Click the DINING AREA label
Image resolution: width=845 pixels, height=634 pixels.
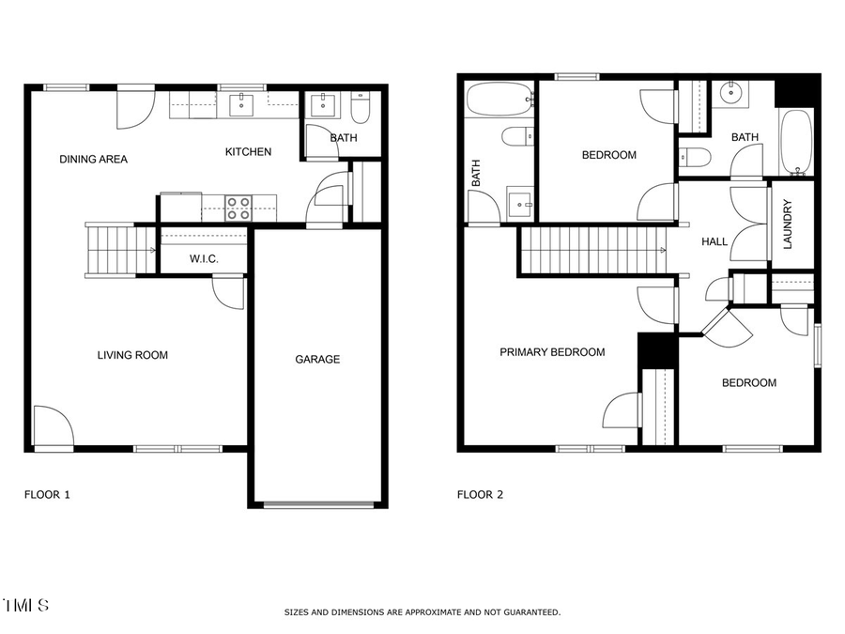(x=93, y=159)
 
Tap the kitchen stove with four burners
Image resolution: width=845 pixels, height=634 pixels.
(x=238, y=208)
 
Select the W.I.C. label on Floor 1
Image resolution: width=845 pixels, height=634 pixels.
(x=204, y=258)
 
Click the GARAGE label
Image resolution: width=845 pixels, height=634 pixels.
(x=317, y=359)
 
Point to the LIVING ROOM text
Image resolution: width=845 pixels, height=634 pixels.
(x=132, y=355)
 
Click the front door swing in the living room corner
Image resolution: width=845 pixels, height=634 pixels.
(x=53, y=426)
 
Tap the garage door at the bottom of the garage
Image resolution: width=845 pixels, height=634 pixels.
(x=318, y=504)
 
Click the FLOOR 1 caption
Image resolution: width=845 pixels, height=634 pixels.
(x=46, y=494)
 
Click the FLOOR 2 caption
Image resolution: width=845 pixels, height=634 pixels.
(x=480, y=494)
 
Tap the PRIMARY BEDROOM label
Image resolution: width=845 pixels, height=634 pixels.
(x=552, y=352)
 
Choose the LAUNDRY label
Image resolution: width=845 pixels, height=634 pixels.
(x=788, y=224)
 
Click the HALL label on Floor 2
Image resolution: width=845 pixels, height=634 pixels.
(x=714, y=241)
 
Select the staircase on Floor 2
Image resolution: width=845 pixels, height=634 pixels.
(x=591, y=251)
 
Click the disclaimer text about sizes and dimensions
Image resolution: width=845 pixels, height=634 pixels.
(x=422, y=612)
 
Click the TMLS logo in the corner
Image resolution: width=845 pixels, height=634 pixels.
(x=25, y=605)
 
